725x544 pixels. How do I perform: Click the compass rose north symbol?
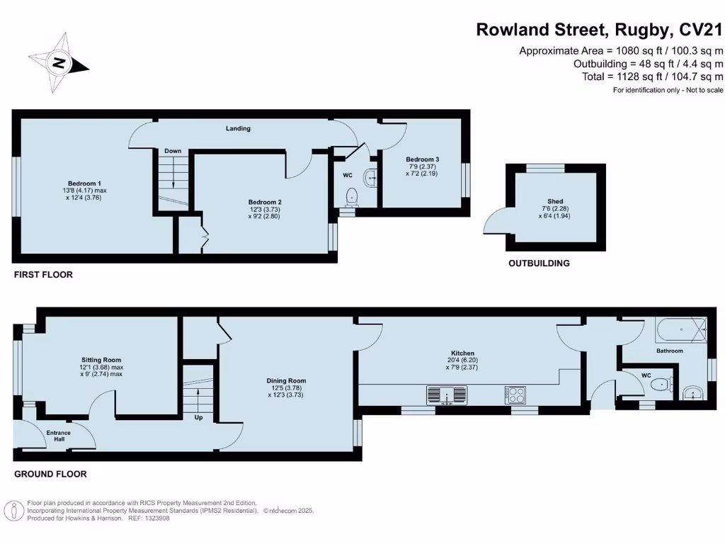[x=59, y=63]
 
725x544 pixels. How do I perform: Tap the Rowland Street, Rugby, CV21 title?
[x=599, y=30]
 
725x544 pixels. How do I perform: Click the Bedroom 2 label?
[x=266, y=202]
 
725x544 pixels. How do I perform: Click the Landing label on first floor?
[x=238, y=128]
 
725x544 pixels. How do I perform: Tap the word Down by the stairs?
[x=173, y=151]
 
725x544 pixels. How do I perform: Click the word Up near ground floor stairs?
[x=198, y=418]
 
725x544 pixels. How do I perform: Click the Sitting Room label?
[x=101, y=360]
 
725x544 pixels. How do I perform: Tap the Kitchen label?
[x=463, y=353]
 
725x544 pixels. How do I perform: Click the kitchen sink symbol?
[x=447, y=395]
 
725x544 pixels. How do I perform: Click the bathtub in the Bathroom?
[x=680, y=330]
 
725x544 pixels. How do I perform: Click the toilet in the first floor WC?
[x=350, y=195]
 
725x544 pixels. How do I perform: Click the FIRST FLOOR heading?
[x=43, y=274]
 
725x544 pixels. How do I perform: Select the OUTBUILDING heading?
[x=539, y=263]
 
